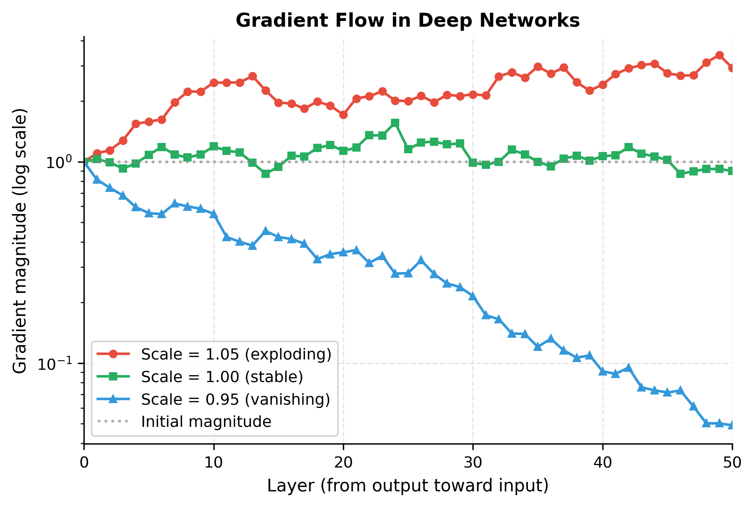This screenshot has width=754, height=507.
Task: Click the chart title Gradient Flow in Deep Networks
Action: pyautogui.click(x=407, y=21)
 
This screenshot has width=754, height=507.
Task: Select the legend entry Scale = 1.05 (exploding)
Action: pyautogui.click(x=236, y=354)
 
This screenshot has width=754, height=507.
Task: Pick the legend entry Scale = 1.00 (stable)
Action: pyautogui.click(x=222, y=377)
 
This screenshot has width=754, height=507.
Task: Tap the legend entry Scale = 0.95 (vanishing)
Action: pyautogui.click(x=236, y=399)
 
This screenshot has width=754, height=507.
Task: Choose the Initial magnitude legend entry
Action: pyautogui.click(x=206, y=422)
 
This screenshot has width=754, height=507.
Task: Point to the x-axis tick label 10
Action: pyautogui.click(x=213, y=463)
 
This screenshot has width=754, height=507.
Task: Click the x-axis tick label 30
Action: pyautogui.click(x=473, y=463)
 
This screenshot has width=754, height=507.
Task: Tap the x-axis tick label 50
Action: pyautogui.click(x=732, y=463)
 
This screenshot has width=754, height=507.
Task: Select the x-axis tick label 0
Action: pyautogui.click(x=84, y=463)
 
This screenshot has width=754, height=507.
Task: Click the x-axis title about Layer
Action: pyautogui.click(x=407, y=486)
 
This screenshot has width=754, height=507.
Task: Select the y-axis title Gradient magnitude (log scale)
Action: pyautogui.click(x=20, y=241)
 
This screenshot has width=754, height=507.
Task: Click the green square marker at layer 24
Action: pyautogui.click(x=395, y=123)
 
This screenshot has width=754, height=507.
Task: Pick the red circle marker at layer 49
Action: pyautogui.click(x=719, y=55)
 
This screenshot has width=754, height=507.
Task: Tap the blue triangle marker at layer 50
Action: pyautogui.click(x=732, y=425)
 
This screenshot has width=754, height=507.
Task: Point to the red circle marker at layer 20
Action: pyautogui.click(x=343, y=115)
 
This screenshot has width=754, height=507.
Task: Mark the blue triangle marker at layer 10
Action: pyautogui.click(x=213, y=214)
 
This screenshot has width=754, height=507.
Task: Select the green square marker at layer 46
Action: pyautogui.click(x=680, y=174)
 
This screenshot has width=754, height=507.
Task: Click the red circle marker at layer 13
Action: pyautogui.click(x=252, y=76)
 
